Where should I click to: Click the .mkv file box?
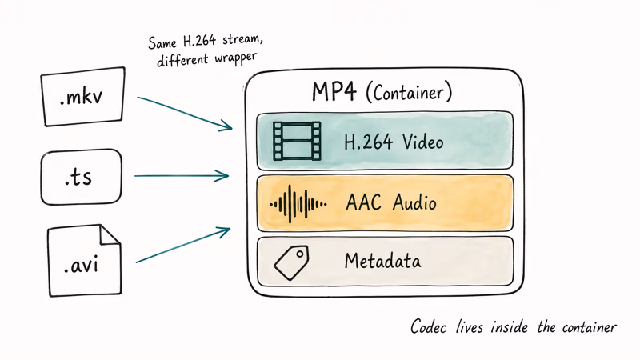tap(82, 98)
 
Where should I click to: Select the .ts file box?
tap(81, 176)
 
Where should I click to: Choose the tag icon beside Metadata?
tap(292, 262)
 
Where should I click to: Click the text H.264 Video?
tap(394, 142)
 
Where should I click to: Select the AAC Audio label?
tap(391, 202)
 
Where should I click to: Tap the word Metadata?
tap(382, 261)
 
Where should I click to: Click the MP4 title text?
tap(334, 92)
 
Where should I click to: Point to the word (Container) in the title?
tap(409, 93)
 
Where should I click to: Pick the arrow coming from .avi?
tap(184, 244)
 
